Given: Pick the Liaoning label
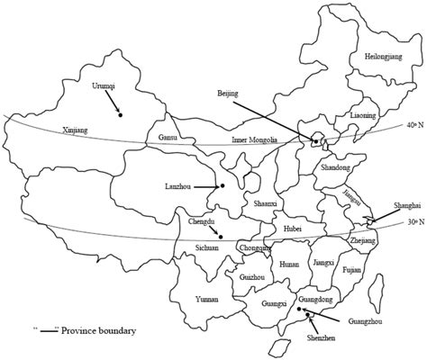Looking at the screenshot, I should (362, 116).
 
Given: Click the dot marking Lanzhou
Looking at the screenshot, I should (222, 186).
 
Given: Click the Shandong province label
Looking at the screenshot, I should (334, 167).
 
